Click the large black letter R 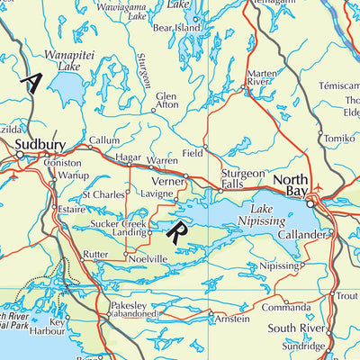(x=177, y=232)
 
